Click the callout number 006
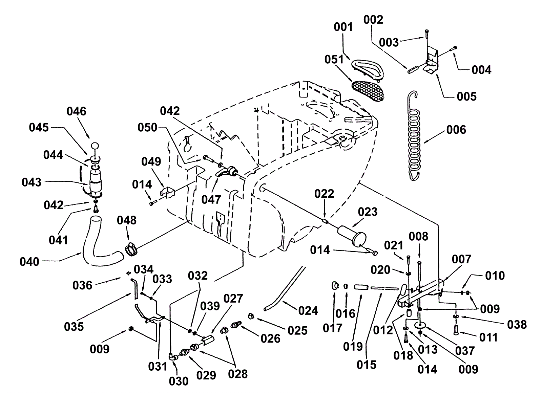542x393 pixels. (456, 130)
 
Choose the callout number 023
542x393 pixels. (368, 212)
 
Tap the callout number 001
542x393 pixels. (343, 27)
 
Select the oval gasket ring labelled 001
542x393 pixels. (368, 68)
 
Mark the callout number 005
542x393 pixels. (466, 96)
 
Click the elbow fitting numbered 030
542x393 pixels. (173, 356)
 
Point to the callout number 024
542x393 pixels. (308, 310)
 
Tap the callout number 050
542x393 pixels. (147, 128)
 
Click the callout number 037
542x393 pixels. (465, 351)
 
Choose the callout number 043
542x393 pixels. (32, 182)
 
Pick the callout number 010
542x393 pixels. (495, 276)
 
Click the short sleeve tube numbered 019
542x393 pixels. (361, 287)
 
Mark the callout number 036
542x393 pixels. (82, 285)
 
